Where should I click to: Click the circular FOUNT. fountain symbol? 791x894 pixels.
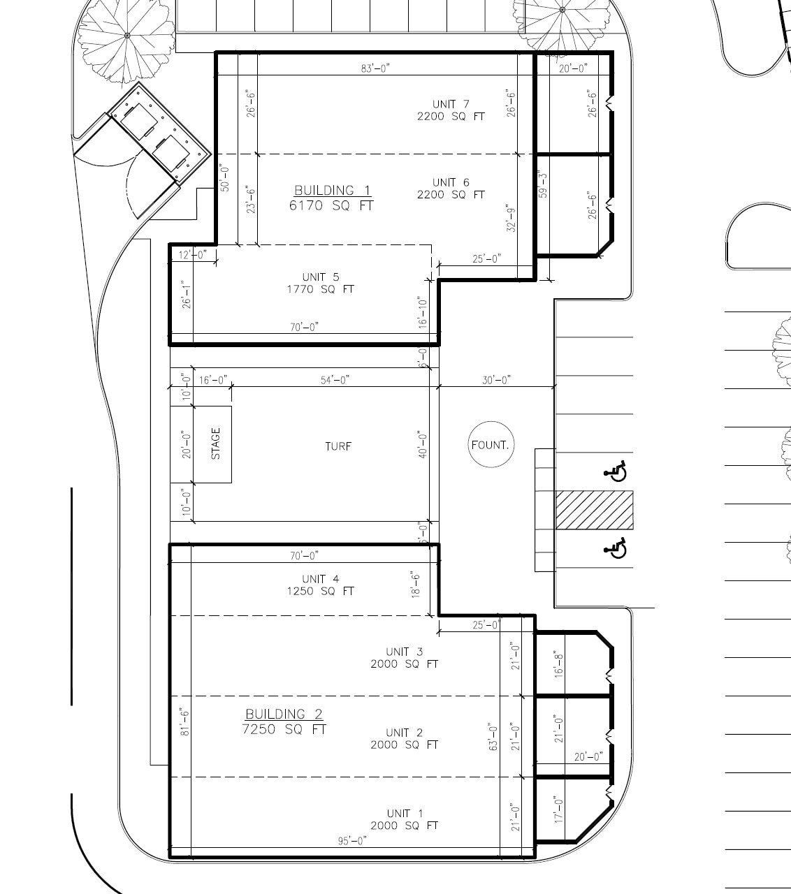(490, 444)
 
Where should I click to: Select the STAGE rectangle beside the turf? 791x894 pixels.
(212, 444)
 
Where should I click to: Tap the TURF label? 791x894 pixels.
(338, 446)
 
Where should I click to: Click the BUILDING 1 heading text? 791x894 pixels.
(333, 191)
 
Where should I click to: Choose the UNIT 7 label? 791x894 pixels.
(451, 104)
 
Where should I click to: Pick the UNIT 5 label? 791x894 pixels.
(321, 277)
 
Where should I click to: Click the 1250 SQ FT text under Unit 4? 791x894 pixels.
(320, 591)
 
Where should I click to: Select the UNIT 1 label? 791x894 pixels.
(405, 813)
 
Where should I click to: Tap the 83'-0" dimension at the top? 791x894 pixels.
(375, 68)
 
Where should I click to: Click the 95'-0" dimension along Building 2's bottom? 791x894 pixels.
(352, 840)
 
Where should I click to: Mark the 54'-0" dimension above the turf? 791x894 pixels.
(335, 379)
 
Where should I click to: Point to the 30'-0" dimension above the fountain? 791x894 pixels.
(496, 379)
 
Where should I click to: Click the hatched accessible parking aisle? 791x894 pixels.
(594, 510)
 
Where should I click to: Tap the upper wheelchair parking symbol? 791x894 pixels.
(616, 472)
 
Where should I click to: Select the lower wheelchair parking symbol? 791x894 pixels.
(616, 549)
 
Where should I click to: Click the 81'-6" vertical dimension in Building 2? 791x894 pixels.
(185, 721)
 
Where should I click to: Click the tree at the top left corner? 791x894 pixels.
(126, 35)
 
